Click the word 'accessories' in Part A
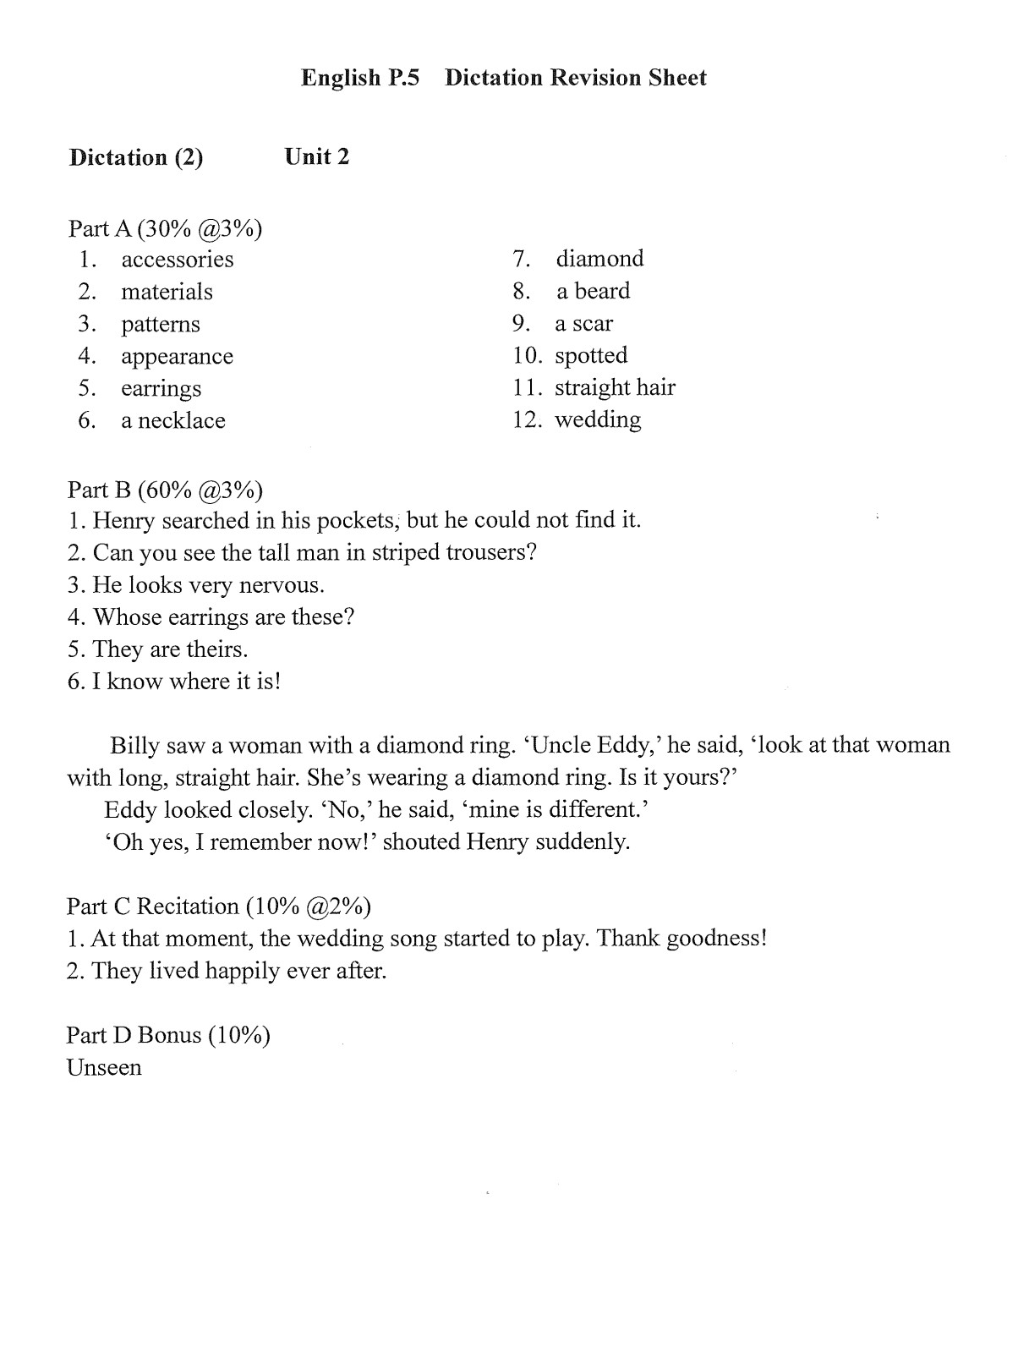click(x=177, y=260)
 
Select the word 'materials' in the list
click(x=167, y=292)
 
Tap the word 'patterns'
click(x=161, y=325)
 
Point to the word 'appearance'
click(x=177, y=357)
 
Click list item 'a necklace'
click(x=172, y=421)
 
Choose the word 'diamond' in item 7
click(x=599, y=259)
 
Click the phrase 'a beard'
click(x=593, y=291)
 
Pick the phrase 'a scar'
click(x=583, y=324)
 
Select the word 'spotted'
click(x=591, y=355)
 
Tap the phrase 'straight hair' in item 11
click(x=615, y=388)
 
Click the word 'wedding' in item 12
click(x=598, y=420)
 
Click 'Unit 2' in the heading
click(x=317, y=157)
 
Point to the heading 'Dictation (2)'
click(x=136, y=158)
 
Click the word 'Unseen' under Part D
click(x=104, y=1068)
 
